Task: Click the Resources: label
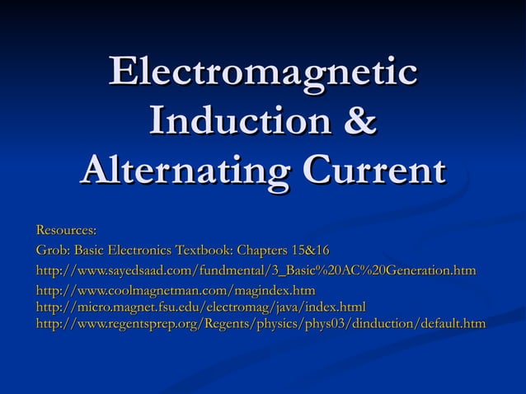tap(66, 228)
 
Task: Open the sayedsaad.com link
tap(256, 270)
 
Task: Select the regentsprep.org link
tap(261, 323)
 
